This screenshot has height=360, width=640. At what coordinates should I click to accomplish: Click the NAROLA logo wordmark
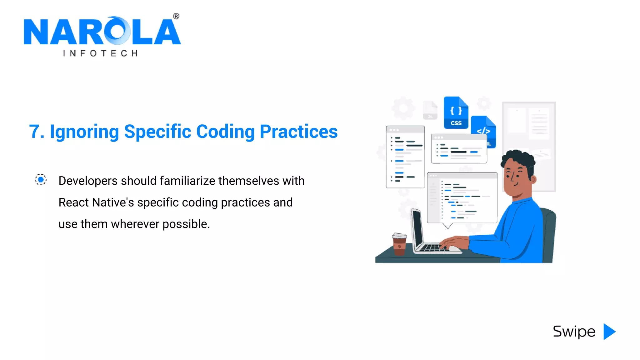point(102,31)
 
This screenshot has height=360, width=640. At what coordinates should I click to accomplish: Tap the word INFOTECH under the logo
point(100,53)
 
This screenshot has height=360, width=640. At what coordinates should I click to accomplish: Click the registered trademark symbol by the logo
point(176,16)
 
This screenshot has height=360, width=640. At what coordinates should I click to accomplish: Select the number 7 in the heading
point(34,132)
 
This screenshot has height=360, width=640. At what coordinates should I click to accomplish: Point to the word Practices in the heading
point(298,132)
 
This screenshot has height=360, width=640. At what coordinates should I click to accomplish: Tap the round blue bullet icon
point(41,180)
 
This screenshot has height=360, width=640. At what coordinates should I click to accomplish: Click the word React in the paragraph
point(73,202)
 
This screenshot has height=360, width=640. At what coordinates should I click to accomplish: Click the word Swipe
point(574,332)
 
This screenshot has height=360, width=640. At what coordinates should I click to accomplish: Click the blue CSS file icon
point(456,113)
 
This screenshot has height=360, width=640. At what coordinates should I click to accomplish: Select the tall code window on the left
point(405,157)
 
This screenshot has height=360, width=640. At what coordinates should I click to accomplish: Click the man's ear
point(533,179)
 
